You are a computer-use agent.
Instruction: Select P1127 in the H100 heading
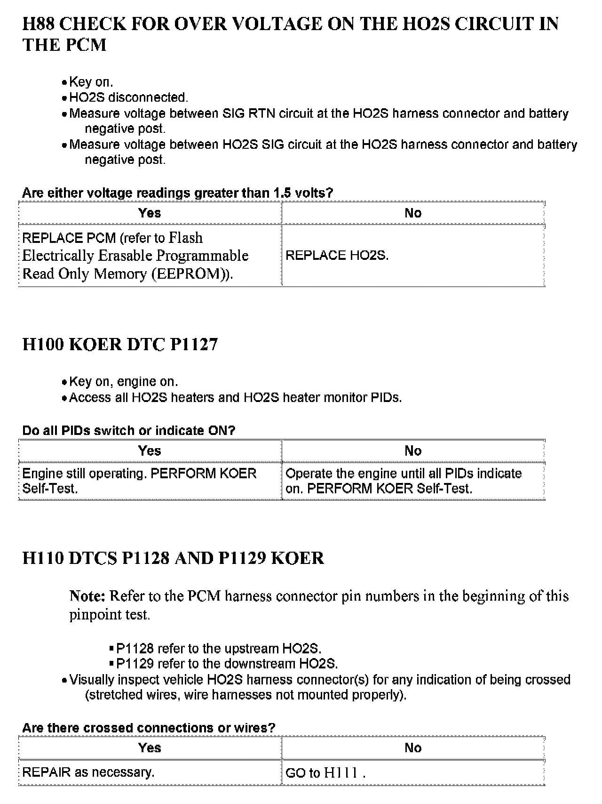[194, 345]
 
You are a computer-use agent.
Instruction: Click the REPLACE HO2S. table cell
[337, 256]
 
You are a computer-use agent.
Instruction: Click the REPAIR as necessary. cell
[88, 772]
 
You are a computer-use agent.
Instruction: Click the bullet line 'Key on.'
[91, 82]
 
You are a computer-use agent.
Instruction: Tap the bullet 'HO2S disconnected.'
[128, 98]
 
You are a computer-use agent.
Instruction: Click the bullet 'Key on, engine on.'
[123, 382]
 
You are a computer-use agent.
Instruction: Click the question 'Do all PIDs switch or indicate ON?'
[128, 431]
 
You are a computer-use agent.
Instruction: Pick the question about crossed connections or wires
[149, 728]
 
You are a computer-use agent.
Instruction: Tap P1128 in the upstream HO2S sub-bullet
[135, 649]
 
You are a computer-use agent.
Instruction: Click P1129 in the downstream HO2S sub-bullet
[135, 664]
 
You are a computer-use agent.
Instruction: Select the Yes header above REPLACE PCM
[150, 213]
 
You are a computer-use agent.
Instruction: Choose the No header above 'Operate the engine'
[413, 451]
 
